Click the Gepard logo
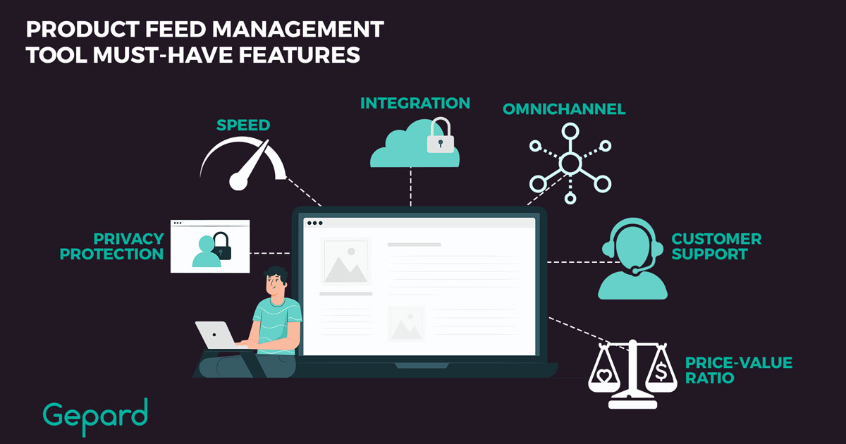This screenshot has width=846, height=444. (94, 417)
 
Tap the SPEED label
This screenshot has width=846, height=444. (243, 125)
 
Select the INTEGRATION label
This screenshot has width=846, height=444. (415, 103)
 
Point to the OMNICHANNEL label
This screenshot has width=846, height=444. (564, 109)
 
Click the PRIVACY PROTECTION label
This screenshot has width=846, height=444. (112, 246)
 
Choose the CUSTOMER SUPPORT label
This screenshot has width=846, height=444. (716, 246)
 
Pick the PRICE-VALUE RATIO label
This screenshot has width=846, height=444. (739, 370)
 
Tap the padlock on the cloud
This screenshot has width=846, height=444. (441, 135)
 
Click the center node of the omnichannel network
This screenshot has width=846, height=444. (570, 164)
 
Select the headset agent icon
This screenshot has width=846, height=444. (632, 259)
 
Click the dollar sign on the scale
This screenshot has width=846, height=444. (661, 371)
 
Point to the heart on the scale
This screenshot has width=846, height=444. (604, 376)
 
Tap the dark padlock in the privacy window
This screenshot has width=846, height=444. (221, 246)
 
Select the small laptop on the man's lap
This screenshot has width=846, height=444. (216, 335)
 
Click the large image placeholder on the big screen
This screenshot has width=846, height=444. (345, 261)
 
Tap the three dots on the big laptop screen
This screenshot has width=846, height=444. (315, 223)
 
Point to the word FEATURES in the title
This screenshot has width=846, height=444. (299, 55)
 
